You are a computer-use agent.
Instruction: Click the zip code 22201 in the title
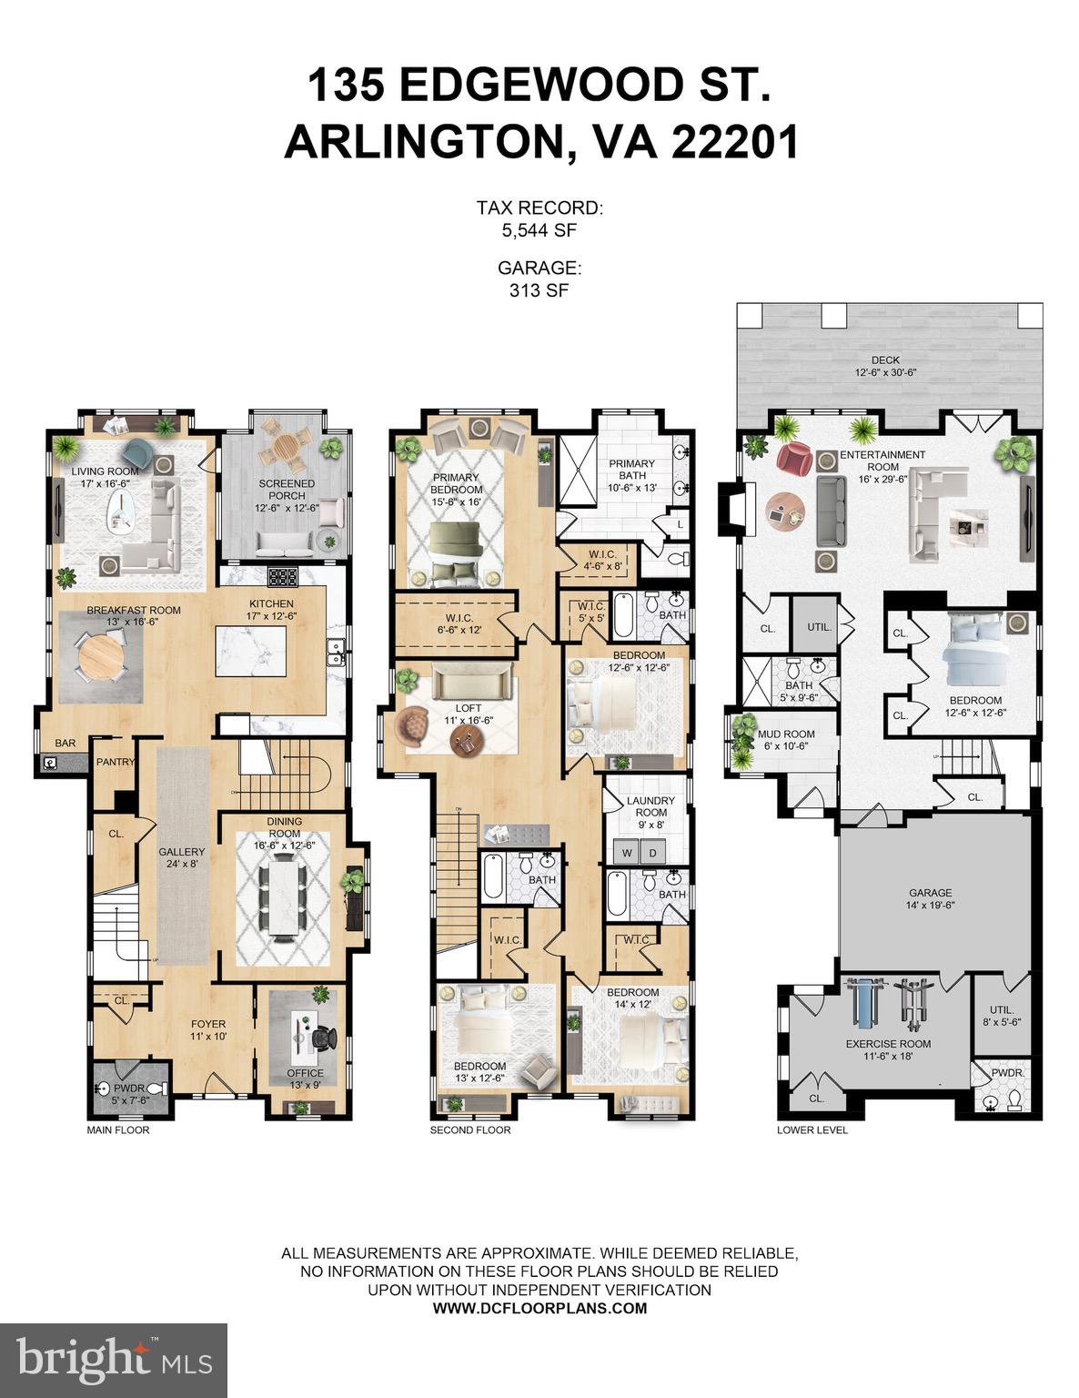(x=735, y=143)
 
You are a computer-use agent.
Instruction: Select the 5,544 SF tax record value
(x=539, y=231)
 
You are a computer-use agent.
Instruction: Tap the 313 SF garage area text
(x=539, y=290)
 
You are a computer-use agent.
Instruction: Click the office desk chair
(x=324, y=1037)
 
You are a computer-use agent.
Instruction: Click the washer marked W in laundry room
(x=628, y=853)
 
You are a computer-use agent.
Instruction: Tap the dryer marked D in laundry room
(x=653, y=853)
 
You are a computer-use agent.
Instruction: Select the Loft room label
(x=469, y=714)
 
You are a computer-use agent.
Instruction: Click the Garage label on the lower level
(x=930, y=898)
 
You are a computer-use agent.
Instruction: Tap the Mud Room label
(x=786, y=739)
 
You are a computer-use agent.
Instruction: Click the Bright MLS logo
(x=114, y=1360)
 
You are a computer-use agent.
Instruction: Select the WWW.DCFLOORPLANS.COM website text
(x=539, y=1308)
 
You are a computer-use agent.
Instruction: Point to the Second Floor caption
(x=470, y=1130)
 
